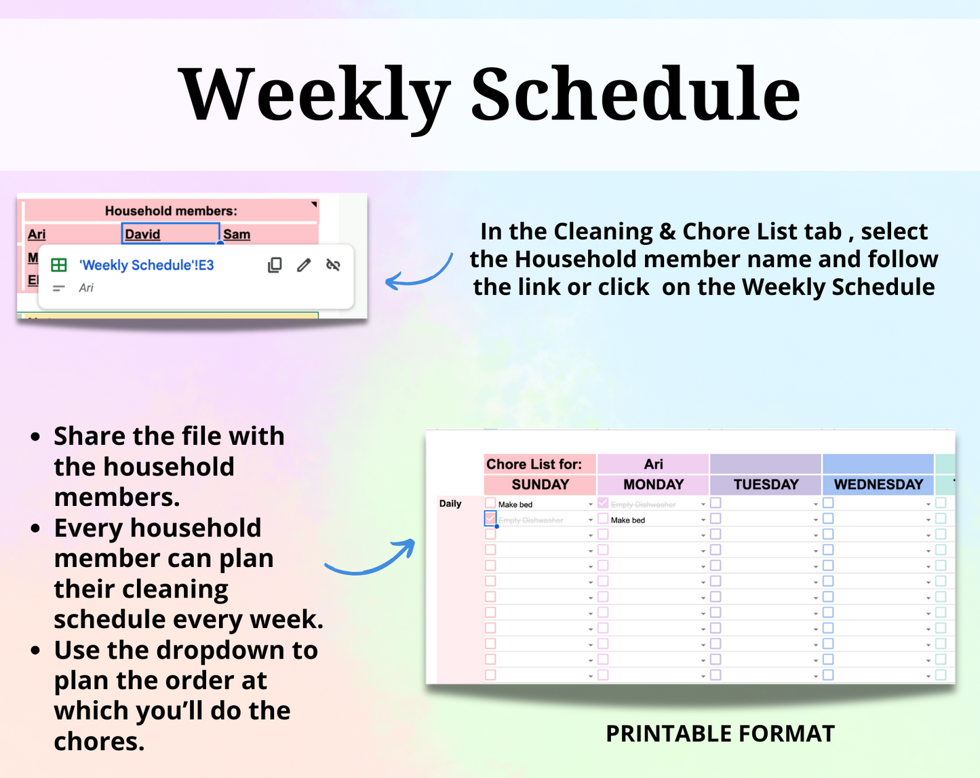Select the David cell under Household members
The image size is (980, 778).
point(170,234)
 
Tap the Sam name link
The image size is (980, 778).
point(237,235)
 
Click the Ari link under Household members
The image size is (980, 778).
point(37,235)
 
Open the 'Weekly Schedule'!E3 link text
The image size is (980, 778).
point(146,265)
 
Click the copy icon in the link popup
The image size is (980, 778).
point(275,265)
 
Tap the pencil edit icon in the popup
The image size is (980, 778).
point(304,265)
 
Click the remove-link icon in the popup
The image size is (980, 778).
point(333,265)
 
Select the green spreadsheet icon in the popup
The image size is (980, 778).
point(59,265)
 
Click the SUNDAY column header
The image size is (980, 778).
point(540,485)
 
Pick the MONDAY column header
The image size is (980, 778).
point(653,485)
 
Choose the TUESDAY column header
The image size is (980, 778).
point(766,485)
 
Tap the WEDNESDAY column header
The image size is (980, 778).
point(878,485)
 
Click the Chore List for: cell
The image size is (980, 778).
point(534,465)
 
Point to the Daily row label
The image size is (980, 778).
point(450,504)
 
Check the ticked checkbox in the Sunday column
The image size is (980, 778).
point(490,519)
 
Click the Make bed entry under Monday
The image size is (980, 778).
point(628,520)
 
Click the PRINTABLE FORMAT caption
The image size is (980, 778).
point(720,734)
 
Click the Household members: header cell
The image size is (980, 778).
point(171,211)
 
